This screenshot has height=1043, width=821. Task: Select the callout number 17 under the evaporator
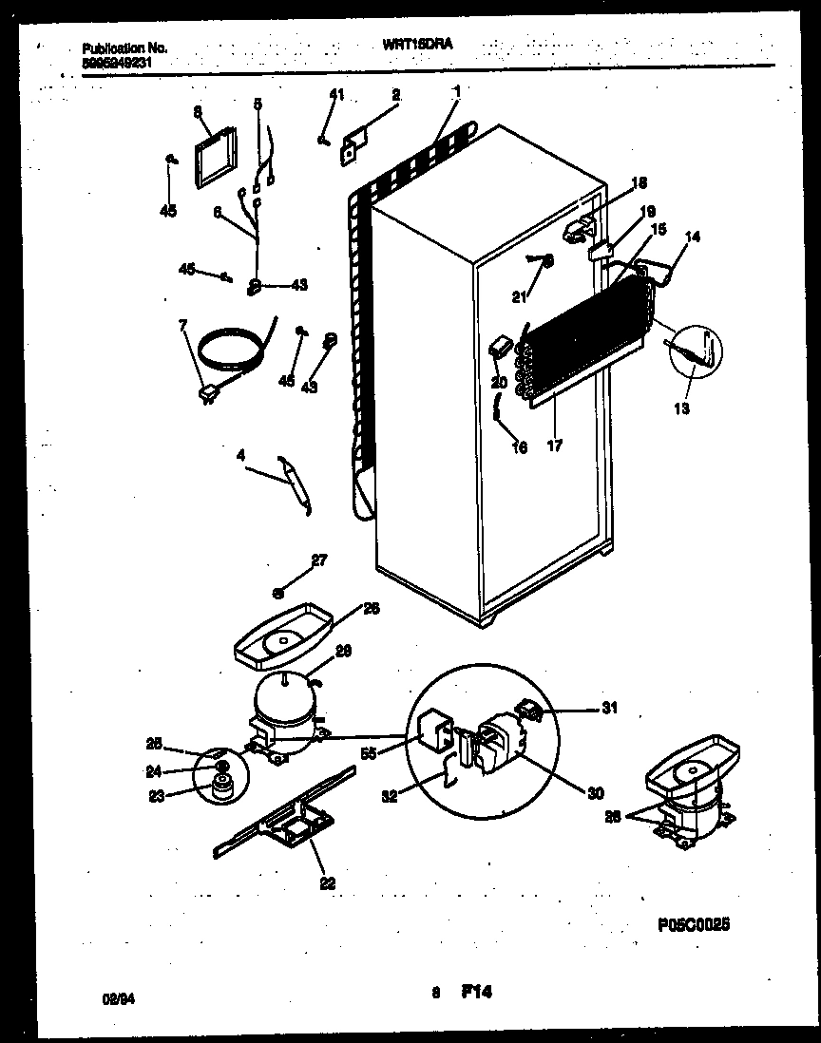[555, 445]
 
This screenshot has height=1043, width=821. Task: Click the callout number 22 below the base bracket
[327, 883]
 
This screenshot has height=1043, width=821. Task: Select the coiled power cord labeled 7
[232, 347]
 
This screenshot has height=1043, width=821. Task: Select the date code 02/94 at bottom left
[114, 998]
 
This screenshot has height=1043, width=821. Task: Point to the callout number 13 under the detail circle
[683, 408]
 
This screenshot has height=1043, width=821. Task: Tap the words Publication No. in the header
[124, 47]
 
